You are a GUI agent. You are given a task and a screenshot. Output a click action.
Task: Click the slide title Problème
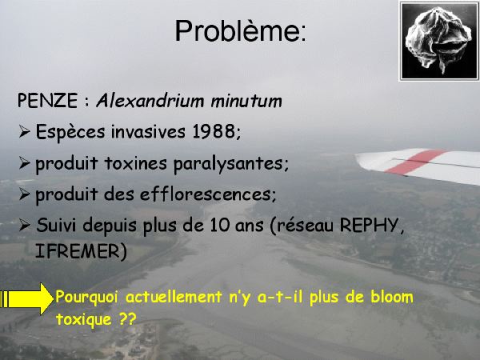pos(240,31)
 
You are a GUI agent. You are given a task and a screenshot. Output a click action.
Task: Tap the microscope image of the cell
pos(439,41)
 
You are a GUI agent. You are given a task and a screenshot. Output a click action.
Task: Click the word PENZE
pos(47,101)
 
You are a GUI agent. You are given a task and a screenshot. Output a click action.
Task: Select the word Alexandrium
pos(150,101)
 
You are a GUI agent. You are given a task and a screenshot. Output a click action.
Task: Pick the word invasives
pos(148,131)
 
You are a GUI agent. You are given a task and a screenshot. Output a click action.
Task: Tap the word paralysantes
pos(231,164)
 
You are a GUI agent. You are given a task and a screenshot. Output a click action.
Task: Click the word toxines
pos(135,163)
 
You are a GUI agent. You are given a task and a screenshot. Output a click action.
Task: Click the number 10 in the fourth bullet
pos(219,225)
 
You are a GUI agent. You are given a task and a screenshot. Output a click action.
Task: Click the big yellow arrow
pos(26,298)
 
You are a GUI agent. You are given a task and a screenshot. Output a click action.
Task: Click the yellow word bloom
pos(392,297)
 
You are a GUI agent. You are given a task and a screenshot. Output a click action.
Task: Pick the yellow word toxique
pos(83,319)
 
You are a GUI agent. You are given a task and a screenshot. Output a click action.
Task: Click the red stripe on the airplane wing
pos(415,161)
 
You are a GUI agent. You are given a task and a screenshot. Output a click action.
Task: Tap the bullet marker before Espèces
pos(24,132)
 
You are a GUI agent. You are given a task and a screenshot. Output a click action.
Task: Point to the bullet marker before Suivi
pos(24,226)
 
